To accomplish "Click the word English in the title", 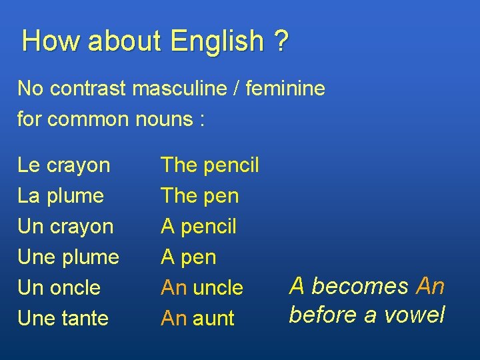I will point(217,42).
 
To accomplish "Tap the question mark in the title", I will point(281,41).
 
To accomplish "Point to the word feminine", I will point(285,88).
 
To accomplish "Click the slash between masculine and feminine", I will point(237,88).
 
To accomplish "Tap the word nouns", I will point(162,119).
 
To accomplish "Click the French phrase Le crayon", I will point(64,165).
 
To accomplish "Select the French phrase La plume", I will point(61,196).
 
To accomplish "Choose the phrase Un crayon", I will point(65,227).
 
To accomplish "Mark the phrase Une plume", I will point(69,257).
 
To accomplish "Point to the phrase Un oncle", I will point(59,288).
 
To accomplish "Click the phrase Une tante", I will point(63,319).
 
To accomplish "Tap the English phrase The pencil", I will point(210,165).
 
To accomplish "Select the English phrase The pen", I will point(199,196).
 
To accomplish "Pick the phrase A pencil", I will point(199,227).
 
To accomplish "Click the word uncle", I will point(218,288).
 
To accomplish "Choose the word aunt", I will point(214,319).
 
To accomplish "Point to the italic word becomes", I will point(360,286).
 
